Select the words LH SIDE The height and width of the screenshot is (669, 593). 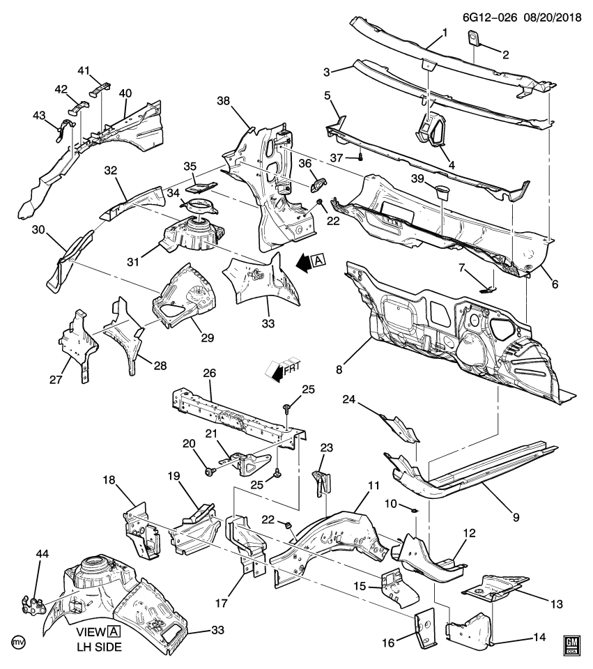pyautogui.click(x=99, y=647)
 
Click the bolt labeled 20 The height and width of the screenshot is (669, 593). pyautogui.click(x=209, y=472)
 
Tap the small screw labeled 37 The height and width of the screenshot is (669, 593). pyautogui.click(x=360, y=157)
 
